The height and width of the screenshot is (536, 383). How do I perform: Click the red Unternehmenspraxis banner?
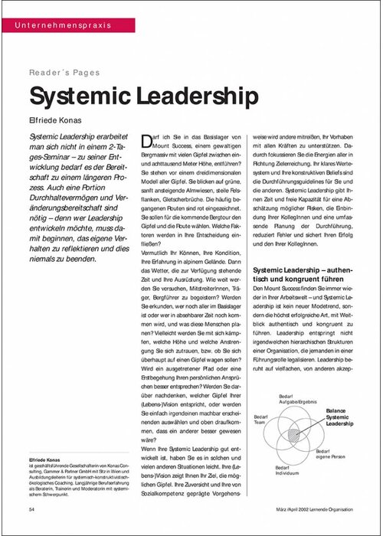click(x=61, y=25)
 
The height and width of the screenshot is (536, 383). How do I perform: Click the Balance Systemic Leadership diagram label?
click(x=342, y=417)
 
